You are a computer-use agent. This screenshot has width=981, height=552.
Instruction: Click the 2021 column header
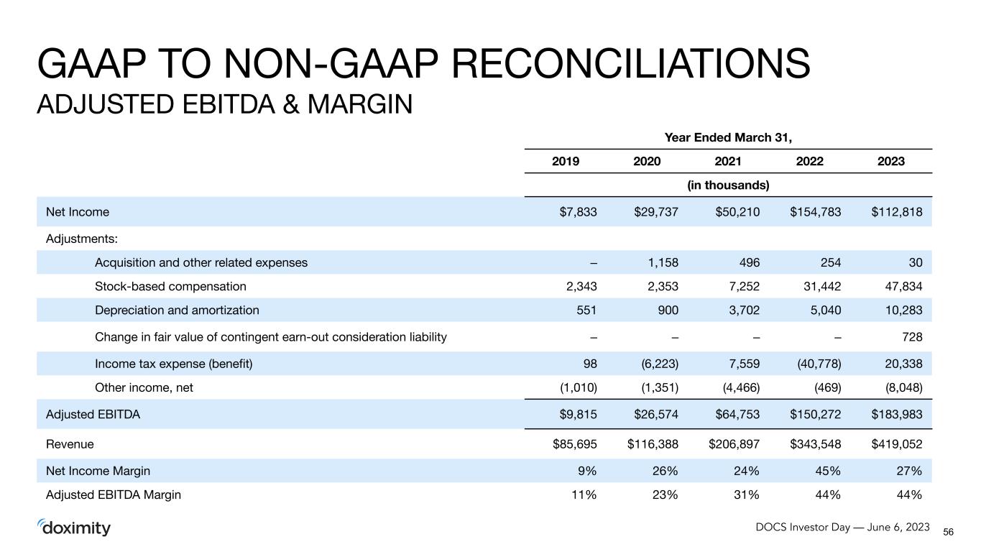(x=728, y=162)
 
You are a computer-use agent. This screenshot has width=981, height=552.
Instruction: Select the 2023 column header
(x=890, y=162)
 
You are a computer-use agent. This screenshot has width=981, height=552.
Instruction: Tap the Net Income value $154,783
(x=816, y=212)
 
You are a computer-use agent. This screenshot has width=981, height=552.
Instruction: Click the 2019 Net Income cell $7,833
(x=578, y=212)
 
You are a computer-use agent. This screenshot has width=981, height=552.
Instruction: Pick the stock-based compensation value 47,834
(x=903, y=287)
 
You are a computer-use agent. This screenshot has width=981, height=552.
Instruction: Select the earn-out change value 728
(x=912, y=337)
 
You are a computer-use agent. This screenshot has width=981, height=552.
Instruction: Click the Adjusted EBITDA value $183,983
(x=897, y=415)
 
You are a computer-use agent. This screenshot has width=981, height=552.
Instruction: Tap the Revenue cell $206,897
(x=734, y=444)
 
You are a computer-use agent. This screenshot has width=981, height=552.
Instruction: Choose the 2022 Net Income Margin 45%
(x=828, y=471)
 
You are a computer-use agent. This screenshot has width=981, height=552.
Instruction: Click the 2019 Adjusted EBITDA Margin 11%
(x=584, y=495)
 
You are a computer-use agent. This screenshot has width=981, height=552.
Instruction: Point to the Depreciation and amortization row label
(x=177, y=310)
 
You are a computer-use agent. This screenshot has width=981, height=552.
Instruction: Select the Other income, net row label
(x=144, y=387)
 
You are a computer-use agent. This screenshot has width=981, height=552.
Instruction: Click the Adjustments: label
(x=82, y=239)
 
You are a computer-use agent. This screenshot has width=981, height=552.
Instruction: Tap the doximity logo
(x=74, y=528)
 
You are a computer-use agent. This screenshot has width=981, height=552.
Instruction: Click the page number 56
(x=948, y=532)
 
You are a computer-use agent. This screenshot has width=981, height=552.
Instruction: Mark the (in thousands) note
(x=728, y=185)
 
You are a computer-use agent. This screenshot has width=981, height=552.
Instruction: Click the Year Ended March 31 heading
(x=728, y=137)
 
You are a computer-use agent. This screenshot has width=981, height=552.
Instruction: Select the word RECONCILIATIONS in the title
(x=631, y=63)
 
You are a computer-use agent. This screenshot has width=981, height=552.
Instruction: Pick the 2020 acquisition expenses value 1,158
(x=663, y=263)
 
